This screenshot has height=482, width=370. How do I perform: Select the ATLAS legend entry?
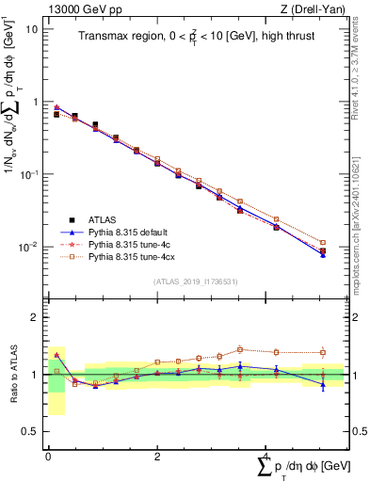(x=104, y=219)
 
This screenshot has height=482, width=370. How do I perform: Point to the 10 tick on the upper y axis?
(x=33, y=29)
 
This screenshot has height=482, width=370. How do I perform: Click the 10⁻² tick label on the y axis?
(x=30, y=248)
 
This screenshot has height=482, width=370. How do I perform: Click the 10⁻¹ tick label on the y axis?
(x=30, y=175)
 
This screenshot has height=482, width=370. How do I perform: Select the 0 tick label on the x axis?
(x=48, y=456)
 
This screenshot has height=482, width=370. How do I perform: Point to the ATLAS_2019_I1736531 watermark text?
(x=196, y=282)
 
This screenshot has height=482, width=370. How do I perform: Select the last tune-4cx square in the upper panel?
(x=323, y=243)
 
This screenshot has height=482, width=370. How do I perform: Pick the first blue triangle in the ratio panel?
(x=56, y=355)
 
